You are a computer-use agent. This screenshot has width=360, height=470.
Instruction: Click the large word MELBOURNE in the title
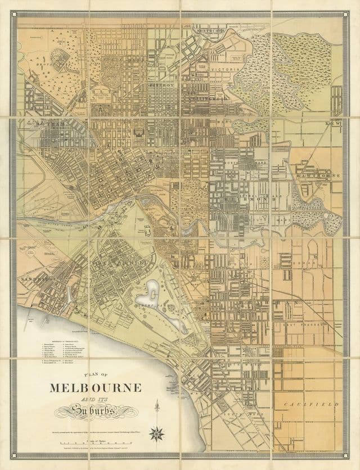tap(95, 387)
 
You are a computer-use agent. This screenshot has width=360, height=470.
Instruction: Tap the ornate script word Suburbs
tap(96, 412)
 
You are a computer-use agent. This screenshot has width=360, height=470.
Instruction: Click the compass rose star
tap(156, 432)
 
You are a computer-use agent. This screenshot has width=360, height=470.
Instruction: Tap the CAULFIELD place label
tap(319, 404)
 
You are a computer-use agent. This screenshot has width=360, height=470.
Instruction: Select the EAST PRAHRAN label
tap(309, 324)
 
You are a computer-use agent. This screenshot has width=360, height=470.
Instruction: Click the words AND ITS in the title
tap(96, 400)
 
